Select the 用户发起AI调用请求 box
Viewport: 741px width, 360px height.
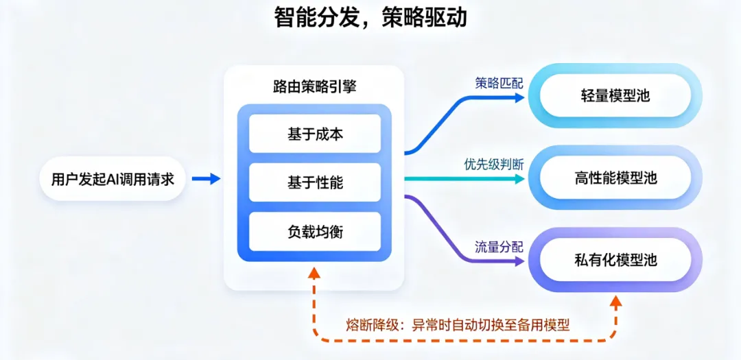[x=113, y=179]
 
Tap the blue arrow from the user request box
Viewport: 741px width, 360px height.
[x=206, y=178]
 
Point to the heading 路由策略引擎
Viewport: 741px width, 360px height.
[x=314, y=88]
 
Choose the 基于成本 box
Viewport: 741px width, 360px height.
[x=315, y=134]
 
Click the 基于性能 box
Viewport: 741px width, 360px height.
[x=315, y=182]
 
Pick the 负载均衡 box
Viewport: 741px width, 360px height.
[x=315, y=232]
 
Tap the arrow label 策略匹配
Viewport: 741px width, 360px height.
[x=499, y=83]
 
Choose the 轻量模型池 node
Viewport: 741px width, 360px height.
[x=615, y=97]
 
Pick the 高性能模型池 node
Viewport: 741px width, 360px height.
[x=615, y=178]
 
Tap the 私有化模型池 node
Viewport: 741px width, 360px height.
[x=615, y=260]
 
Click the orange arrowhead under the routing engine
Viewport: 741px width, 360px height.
[x=314, y=272]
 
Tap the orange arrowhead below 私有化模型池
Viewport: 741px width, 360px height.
[x=615, y=300]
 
